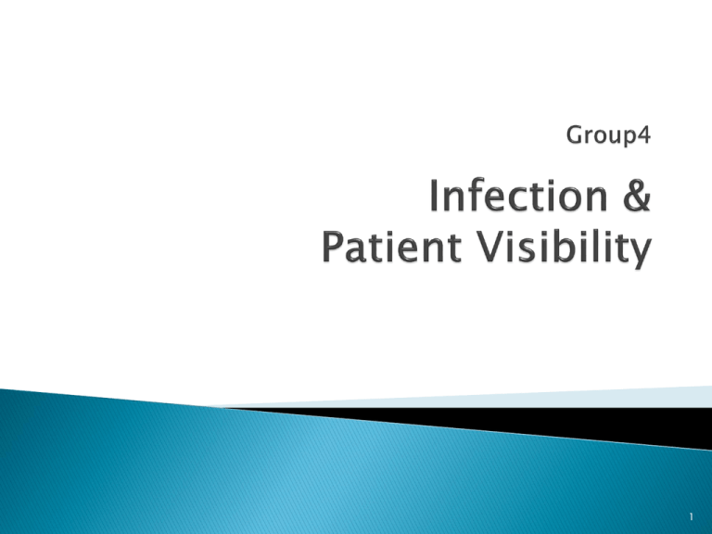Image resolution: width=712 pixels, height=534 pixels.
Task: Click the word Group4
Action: [x=608, y=135]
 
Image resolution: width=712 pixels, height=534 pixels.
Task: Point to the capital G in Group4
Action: [x=575, y=134]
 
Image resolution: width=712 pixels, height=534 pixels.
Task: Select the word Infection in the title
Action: [x=518, y=196]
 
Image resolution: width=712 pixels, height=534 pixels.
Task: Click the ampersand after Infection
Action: [x=637, y=196]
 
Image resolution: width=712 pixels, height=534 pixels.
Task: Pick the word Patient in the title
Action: [x=392, y=247]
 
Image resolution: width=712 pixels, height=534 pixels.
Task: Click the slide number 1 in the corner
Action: [x=691, y=516]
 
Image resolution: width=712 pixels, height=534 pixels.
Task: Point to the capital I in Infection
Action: [x=434, y=196]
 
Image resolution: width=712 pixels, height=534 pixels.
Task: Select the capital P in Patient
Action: [x=333, y=247]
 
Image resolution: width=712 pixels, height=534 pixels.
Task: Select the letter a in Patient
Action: [x=356, y=251]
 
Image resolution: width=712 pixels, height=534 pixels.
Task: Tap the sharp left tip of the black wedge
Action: [x=222, y=408]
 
